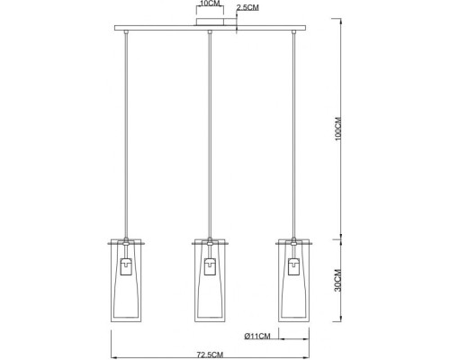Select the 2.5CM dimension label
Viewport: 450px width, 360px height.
tap(247, 8)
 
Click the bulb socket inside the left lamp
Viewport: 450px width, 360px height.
tap(125, 267)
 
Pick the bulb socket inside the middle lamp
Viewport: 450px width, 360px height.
tap(209, 267)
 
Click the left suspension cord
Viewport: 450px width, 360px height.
tap(125, 135)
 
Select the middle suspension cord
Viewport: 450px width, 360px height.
tap(209, 135)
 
